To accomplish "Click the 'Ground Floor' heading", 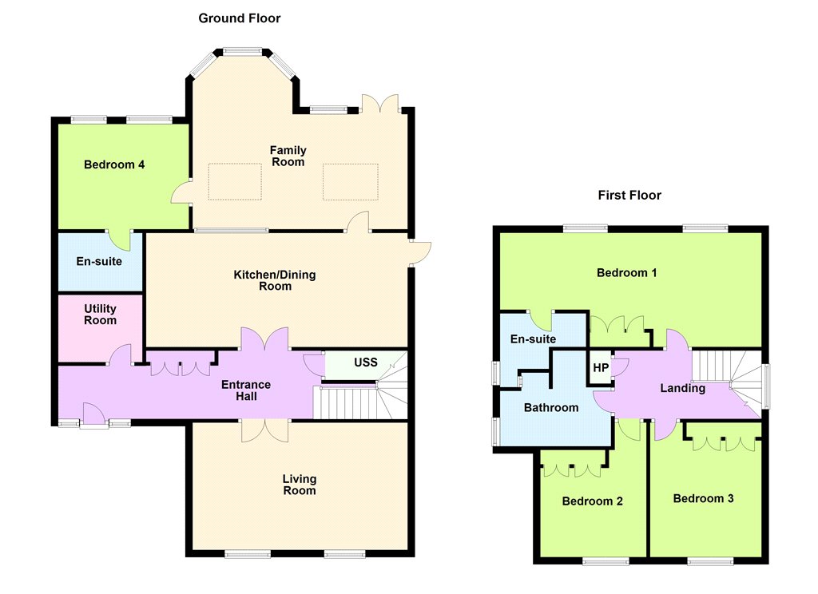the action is (240, 18).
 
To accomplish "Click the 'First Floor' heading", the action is (629, 195).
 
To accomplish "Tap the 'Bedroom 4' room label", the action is (114, 164).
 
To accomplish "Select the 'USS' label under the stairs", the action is (366, 362).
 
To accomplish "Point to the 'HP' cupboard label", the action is (601, 368).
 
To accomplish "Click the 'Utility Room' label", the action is (100, 315).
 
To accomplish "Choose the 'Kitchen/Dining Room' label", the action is (275, 280).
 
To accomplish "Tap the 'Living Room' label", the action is (300, 485).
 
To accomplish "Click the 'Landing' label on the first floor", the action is (683, 389).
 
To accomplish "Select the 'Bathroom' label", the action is (551, 408).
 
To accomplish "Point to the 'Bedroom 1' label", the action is (627, 273).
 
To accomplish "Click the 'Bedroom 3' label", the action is (703, 498).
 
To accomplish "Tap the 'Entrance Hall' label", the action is (246, 390).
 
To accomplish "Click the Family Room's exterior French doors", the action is (380, 103).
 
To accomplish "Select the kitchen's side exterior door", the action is (420, 253).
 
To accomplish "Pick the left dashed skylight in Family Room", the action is (235, 181).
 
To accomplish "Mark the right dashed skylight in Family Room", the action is (351, 181).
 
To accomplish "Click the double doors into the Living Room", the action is (265, 431).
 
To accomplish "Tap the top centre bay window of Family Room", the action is (243, 52).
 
